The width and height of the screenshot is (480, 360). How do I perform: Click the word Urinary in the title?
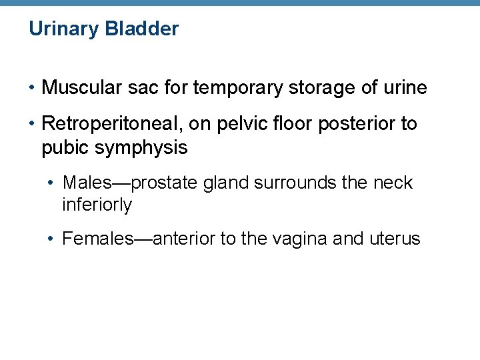60,29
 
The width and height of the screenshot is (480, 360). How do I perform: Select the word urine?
403,87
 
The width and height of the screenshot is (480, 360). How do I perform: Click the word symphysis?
141,148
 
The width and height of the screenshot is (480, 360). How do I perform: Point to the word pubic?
65,148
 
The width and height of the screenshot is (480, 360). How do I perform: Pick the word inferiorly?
97,205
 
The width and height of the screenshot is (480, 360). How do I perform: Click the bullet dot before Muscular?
32,88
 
